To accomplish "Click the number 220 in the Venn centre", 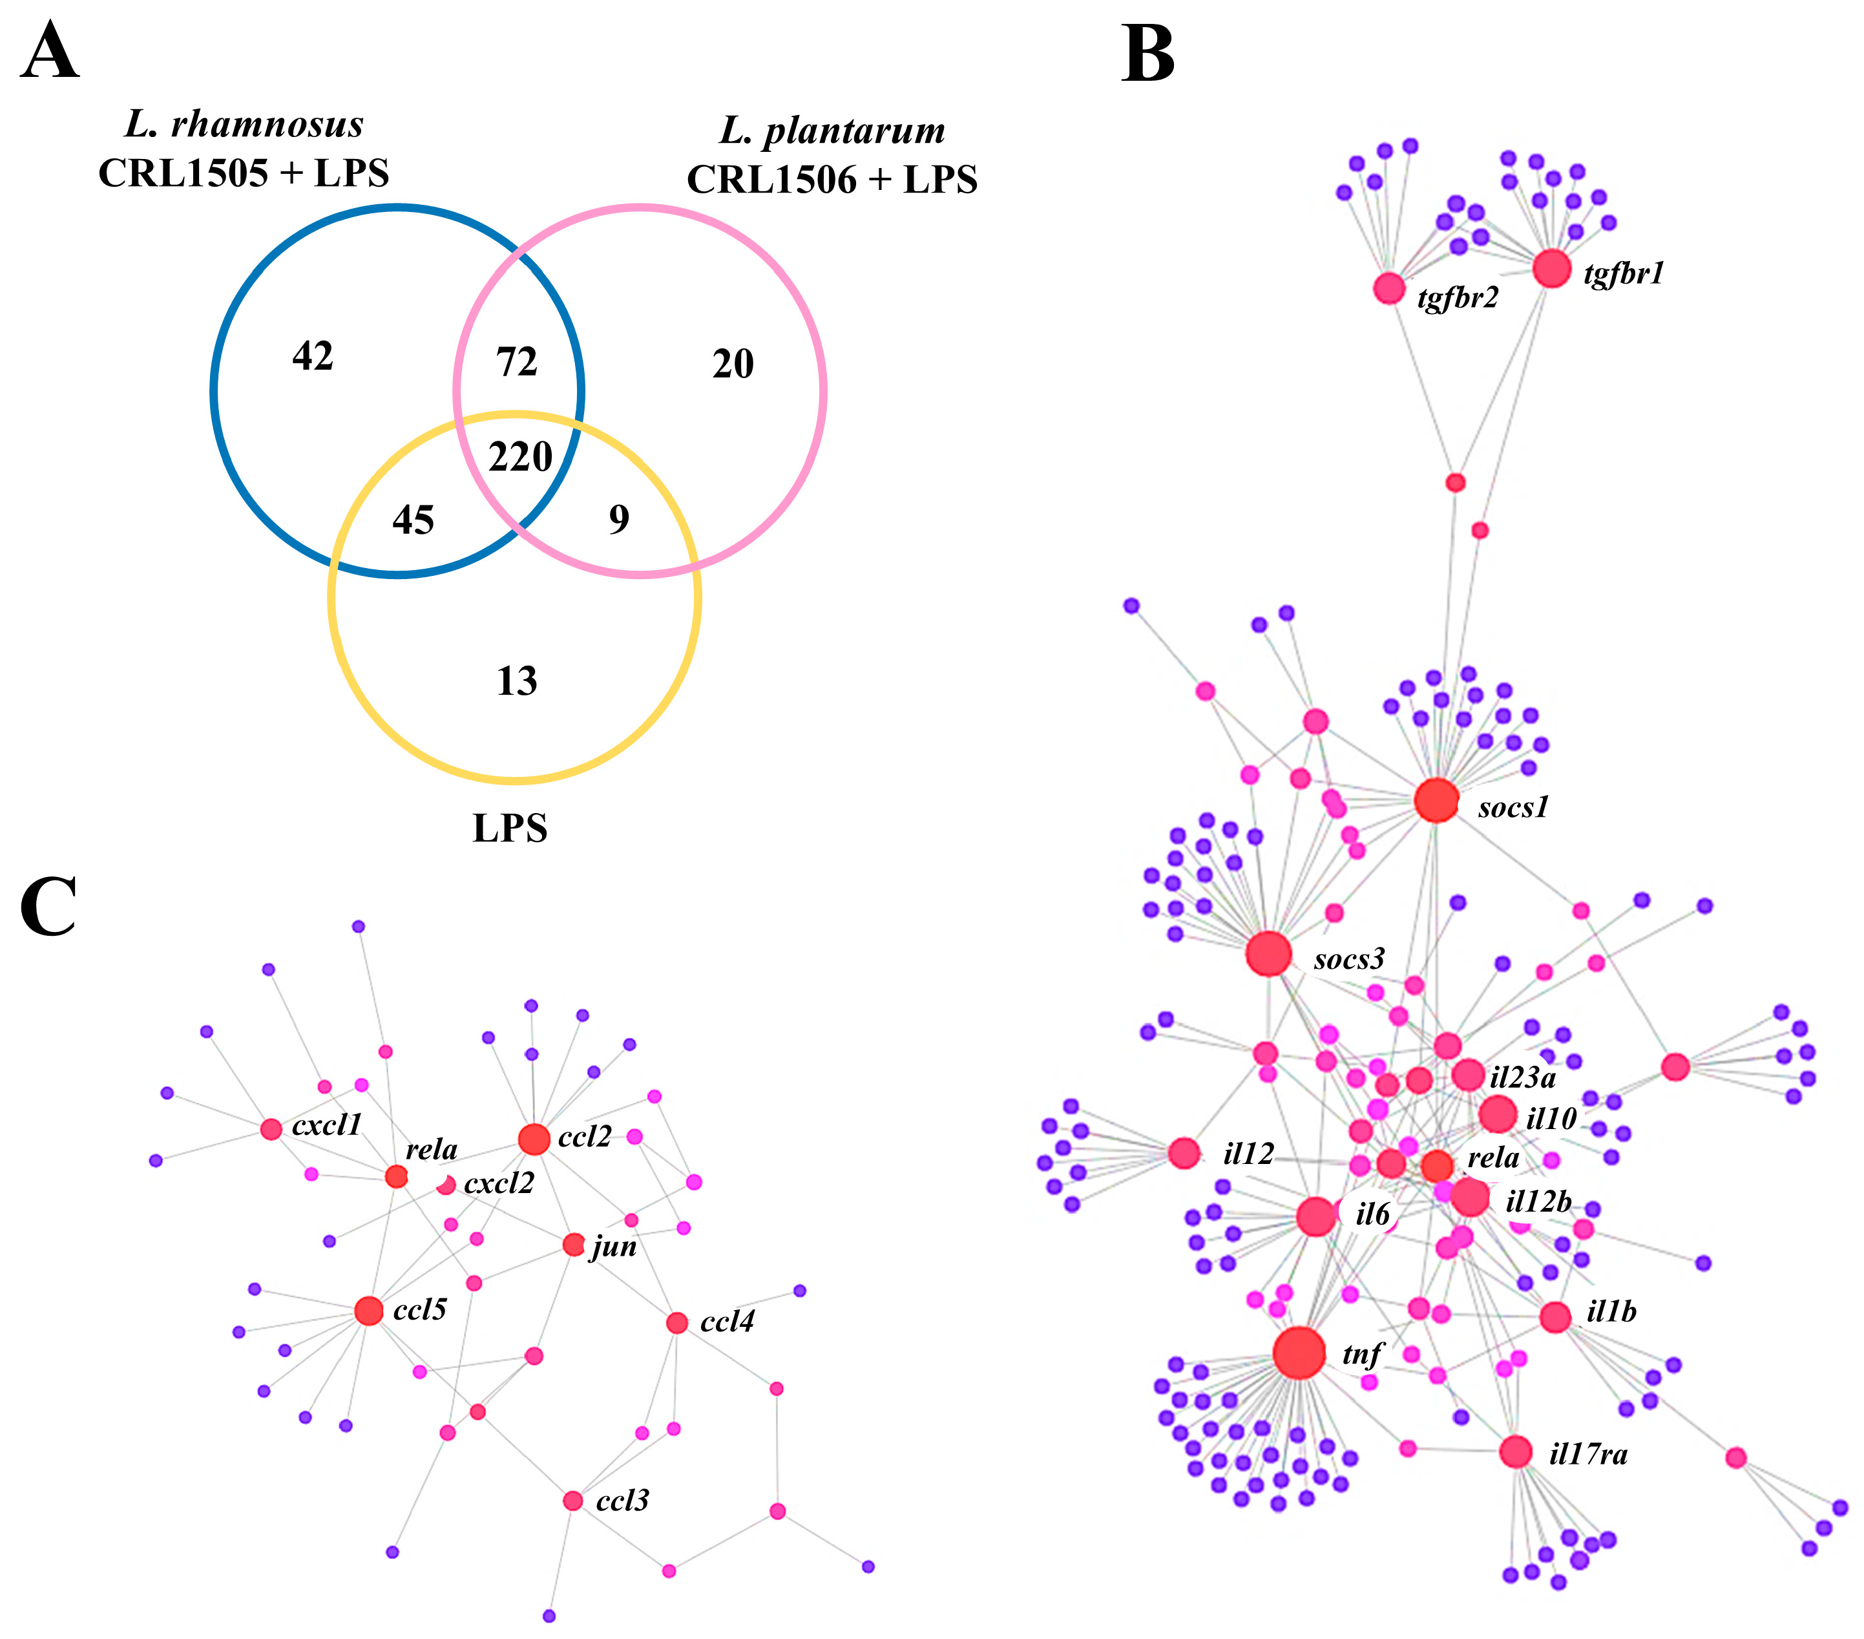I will click(521, 457).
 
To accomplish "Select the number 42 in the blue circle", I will click(313, 355).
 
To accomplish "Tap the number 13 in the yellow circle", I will click(517, 681).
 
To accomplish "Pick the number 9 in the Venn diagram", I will click(619, 520).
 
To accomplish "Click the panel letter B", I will click(1148, 55).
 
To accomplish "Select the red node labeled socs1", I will click(1436, 800).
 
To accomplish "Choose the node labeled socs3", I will click(1268, 954).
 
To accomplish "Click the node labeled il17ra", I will click(1514, 1452).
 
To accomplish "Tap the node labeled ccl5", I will click(368, 1311).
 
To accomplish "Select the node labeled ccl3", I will click(572, 1500).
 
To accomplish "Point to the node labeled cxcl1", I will click(271, 1129).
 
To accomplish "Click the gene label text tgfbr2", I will click(1457, 298).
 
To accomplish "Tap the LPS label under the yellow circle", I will click(510, 828).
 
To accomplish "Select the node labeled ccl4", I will click(676, 1322).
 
